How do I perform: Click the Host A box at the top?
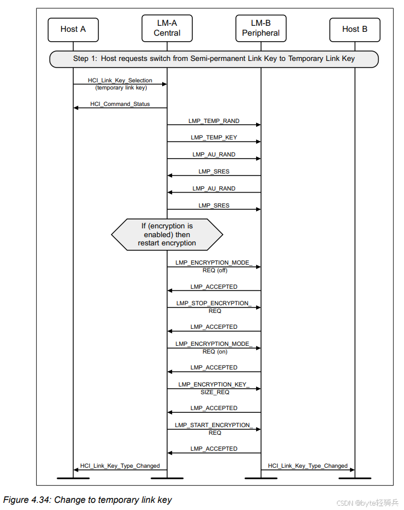point(73,29)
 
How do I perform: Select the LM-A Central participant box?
point(167,28)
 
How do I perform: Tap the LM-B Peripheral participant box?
point(261,28)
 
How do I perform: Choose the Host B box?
point(355,29)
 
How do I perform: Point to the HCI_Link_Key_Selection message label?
point(120,80)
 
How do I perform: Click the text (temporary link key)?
point(120,87)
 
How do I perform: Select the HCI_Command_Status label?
point(120,104)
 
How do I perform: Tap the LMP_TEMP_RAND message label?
point(215,121)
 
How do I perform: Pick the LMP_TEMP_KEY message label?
point(214,138)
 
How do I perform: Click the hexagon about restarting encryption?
point(167,234)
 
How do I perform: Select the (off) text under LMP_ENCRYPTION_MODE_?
point(222,270)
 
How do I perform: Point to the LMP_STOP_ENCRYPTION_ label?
point(214,304)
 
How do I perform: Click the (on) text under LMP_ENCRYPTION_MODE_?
point(222,351)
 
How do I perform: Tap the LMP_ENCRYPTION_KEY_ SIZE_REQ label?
point(214,388)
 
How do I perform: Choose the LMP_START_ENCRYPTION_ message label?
point(214,425)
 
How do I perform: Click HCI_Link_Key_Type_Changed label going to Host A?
point(120,466)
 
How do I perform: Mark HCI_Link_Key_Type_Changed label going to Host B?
point(308,466)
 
